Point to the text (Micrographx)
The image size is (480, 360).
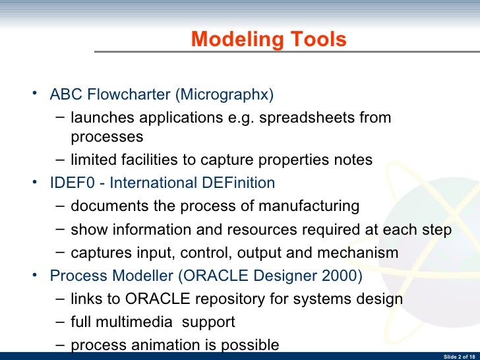tap(224, 94)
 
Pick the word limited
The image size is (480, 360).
tap(93, 160)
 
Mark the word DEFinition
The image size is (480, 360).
tap(238, 183)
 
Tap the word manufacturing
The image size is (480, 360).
tap(309, 206)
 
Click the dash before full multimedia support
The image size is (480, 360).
tap(61, 322)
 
